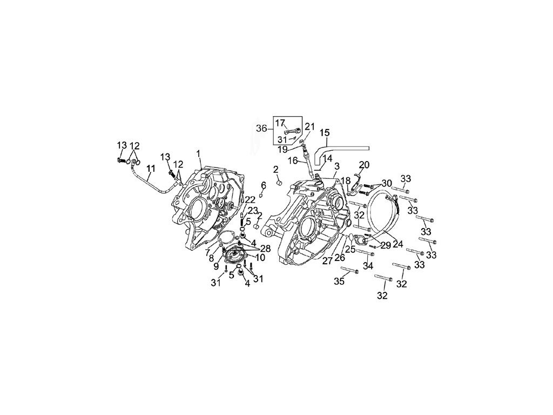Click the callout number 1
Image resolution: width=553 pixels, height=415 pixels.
pyautogui.click(x=199, y=153)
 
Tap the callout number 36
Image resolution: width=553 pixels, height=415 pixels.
pyautogui.click(x=261, y=129)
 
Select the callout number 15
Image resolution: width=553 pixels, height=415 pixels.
pyautogui.click(x=325, y=133)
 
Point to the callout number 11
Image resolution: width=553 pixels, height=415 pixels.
pyautogui.click(x=151, y=168)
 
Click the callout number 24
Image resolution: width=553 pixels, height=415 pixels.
pyautogui.click(x=398, y=244)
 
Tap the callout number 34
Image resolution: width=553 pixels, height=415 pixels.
pyautogui.click(x=368, y=265)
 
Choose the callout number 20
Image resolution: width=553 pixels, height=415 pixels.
pyautogui.click(x=365, y=164)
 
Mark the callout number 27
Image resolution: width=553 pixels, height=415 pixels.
pyautogui.click(x=328, y=262)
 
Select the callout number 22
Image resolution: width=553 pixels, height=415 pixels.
pyautogui.click(x=249, y=200)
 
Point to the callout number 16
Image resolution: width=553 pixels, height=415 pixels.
pyautogui.click(x=292, y=160)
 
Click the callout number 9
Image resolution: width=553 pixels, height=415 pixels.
pyautogui.click(x=215, y=266)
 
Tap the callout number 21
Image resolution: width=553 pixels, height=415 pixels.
pyautogui.click(x=309, y=126)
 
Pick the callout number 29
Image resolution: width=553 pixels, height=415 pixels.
pyautogui.click(x=386, y=245)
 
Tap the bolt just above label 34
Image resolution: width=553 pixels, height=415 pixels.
pyautogui.click(x=366, y=253)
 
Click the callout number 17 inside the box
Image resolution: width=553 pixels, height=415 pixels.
pyautogui.click(x=280, y=123)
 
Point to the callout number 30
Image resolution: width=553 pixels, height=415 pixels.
pyautogui.click(x=387, y=183)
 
